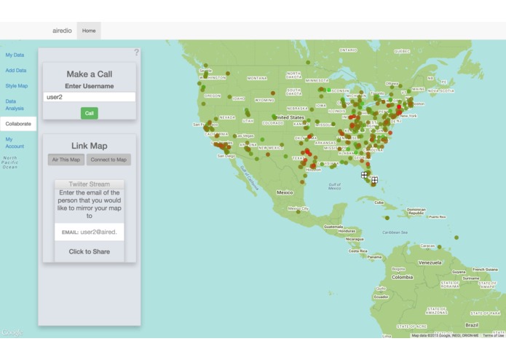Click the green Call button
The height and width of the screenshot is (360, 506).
[89, 113]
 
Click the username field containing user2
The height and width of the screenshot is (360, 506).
[89, 97]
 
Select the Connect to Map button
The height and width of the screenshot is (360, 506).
[108, 160]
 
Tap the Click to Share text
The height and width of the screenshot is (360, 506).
[90, 251]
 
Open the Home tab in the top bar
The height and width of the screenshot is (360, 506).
[89, 31]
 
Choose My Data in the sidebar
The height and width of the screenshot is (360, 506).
[15, 55]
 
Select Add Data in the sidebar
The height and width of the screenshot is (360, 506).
[16, 71]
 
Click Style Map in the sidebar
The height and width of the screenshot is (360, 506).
[17, 86]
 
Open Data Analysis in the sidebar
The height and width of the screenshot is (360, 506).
[15, 105]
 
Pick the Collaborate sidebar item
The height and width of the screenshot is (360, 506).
[18, 124]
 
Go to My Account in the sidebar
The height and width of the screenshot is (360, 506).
[15, 143]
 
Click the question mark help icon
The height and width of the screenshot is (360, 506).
[136, 52]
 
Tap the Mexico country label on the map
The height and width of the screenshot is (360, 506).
[284, 192]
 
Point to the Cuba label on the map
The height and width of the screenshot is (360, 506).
[378, 202]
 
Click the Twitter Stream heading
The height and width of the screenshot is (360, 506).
[89, 184]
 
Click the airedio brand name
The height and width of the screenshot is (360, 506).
[62, 31]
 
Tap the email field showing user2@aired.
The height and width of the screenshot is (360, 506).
[102, 232]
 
